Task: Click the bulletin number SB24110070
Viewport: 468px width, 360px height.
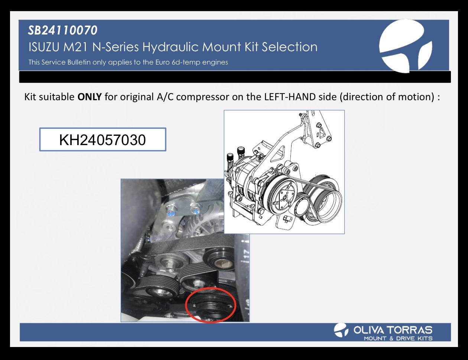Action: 62,30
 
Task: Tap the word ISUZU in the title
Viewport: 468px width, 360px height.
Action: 44,47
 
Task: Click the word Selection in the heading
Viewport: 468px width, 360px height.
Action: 289,47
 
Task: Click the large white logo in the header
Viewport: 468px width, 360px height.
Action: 405,46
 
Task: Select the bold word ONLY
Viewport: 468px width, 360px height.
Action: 90,97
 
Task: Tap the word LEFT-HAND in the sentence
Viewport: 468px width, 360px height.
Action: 290,97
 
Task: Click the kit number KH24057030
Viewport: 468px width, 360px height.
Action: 103,140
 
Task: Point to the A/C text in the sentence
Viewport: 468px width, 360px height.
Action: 165,97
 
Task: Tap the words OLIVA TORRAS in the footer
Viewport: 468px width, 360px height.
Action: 393,330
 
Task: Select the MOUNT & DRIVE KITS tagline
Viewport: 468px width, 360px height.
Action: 398,338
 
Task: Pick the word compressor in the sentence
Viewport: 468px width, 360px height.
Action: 203,97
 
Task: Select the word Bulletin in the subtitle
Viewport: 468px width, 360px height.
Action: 79,62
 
